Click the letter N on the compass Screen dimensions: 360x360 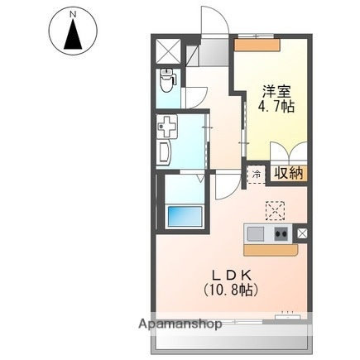point(73,14)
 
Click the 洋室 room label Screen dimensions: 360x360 point(276,91)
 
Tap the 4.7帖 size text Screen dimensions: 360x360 point(276,107)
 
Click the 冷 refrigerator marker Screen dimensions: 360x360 point(257,175)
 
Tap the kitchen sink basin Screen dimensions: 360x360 point(255,233)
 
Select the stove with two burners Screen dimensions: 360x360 point(281,233)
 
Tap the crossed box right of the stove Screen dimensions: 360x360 point(301,233)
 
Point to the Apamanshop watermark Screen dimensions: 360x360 point(175,324)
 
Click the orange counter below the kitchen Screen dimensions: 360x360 point(268,247)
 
